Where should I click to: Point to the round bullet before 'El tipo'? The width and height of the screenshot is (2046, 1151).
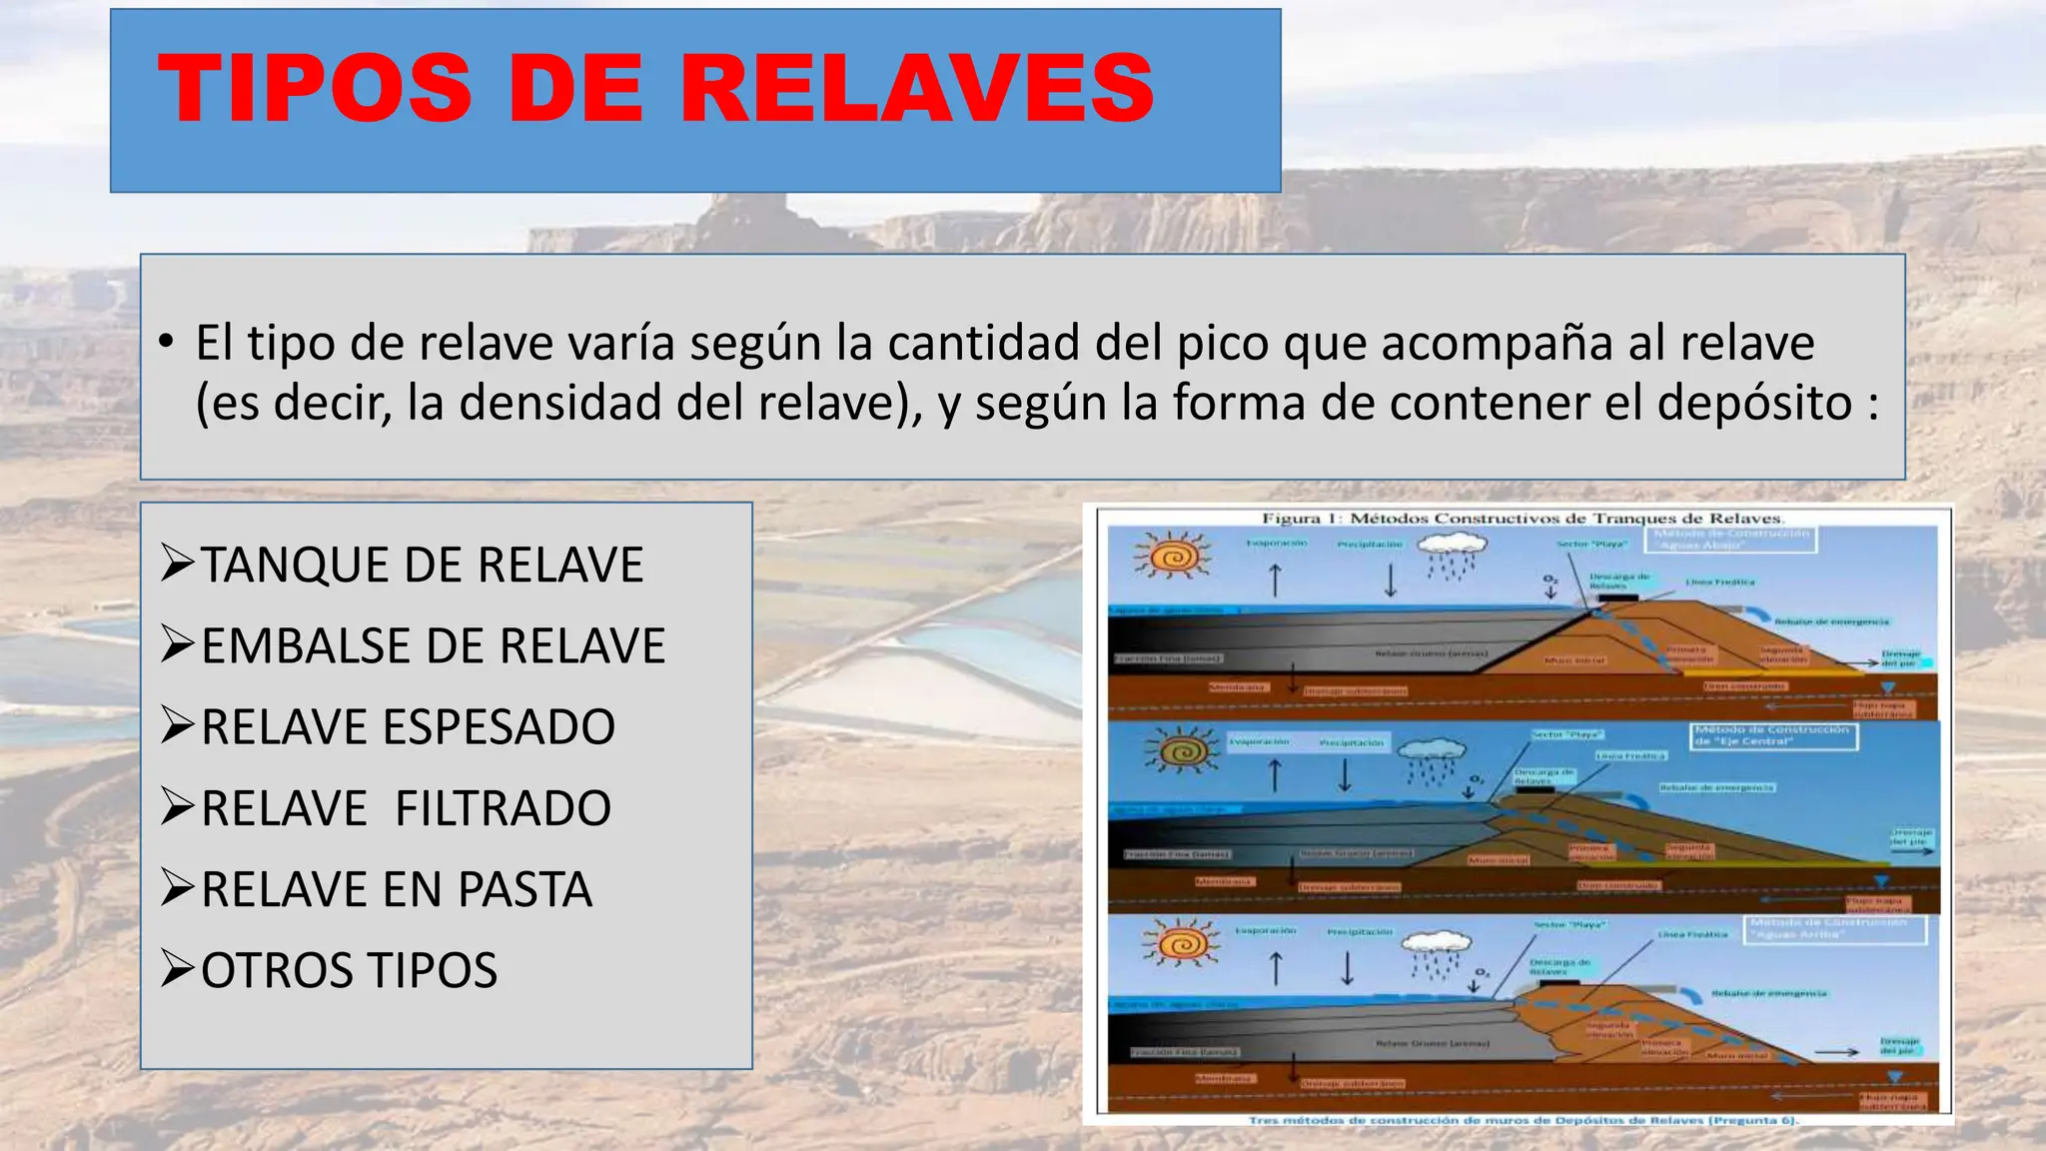pos(166,343)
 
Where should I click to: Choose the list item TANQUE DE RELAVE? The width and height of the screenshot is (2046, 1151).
pos(422,565)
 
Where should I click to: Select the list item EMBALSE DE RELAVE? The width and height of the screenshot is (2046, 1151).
pos(433,645)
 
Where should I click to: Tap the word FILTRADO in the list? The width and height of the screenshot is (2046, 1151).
pos(503,807)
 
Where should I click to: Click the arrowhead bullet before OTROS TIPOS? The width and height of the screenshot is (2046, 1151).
pos(177,969)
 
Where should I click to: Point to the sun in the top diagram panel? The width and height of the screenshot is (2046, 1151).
pos(1173,555)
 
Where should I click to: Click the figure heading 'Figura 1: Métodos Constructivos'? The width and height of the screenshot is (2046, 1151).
pos(1523,518)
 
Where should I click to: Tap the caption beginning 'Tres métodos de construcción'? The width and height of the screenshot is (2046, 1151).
pos(1523,1120)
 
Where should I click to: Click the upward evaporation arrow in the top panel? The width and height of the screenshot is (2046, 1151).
pos(1275,579)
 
